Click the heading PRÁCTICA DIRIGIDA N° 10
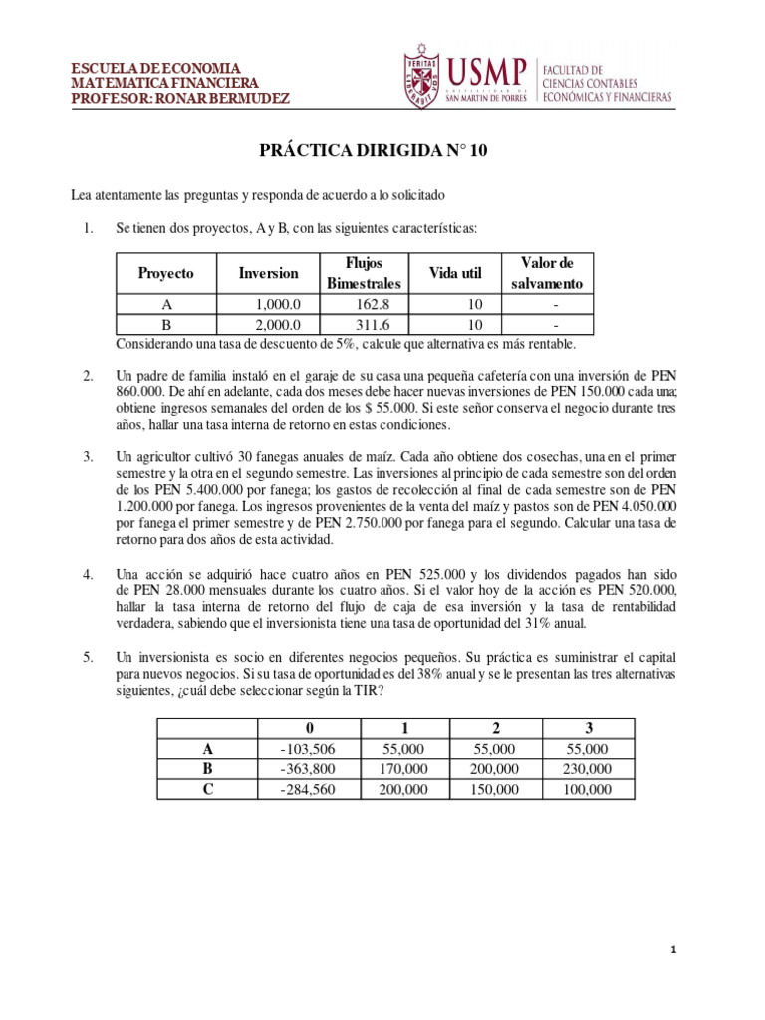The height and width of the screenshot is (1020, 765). click(x=374, y=151)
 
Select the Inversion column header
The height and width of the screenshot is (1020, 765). click(x=269, y=273)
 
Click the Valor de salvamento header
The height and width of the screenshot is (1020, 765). click(x=547, y=273)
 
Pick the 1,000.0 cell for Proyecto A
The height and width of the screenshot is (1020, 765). click(x=269, y=305)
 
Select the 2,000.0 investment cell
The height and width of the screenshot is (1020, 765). click(x=269, y=325)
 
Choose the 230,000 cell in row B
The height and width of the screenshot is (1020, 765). click(x=586, y=769)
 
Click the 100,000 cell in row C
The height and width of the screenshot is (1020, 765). click(x=586, y=789)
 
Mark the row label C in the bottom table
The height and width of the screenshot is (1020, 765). click(x=208, y=789)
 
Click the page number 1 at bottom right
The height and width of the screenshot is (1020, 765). click(x=674, y=952)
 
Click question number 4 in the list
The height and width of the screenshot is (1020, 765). click(x=89, y=574)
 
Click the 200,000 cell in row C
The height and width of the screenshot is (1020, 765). click(x=404, y=789)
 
